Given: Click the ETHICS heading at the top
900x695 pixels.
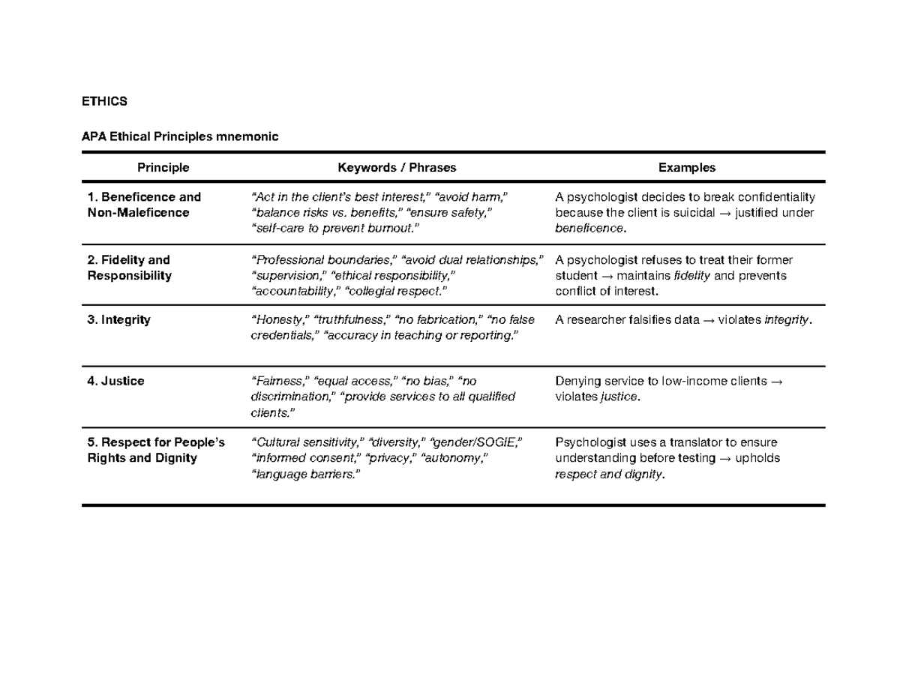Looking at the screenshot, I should click(104, 100).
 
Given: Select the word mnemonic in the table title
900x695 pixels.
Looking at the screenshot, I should click(247, 137).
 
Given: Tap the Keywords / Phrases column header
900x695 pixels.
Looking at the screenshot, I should click(397, 168).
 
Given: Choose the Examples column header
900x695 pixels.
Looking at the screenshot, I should click(686, 168).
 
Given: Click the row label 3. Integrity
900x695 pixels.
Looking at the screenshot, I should click(118, 320).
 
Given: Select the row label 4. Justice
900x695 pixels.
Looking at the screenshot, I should click(115, 381).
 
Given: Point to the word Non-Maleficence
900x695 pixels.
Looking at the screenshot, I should click(139, 213).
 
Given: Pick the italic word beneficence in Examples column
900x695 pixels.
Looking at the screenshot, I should click(588, 228).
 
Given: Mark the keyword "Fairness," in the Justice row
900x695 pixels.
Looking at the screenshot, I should click(279, 381).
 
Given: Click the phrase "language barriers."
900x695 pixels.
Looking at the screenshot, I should click(300, 474).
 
